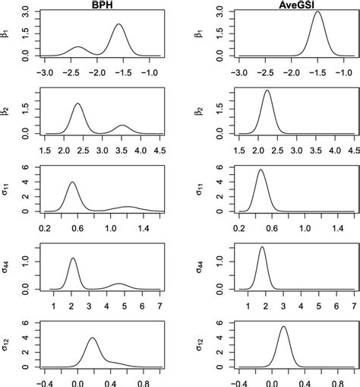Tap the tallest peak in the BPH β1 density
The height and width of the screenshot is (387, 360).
pyautogui.click(x=118, y=25)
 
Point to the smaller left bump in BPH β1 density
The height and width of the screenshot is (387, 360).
pyautogui.click(x=78, y=47)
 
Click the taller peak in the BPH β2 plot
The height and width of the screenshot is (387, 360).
pyautogui.click(x=78, y=104)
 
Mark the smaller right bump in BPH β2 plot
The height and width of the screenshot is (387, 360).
pyautogui.click(x=124, y=125)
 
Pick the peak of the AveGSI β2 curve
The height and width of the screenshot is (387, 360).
pyautogui.click(x=267, y=91)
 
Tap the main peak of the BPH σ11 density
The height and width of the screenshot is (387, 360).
pyautogui.click(x=72, y=182)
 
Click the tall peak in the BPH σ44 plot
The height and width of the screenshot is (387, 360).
pyautogui.click(x=73, y=259)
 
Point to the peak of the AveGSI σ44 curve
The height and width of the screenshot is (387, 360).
pyautogui.click(x=262, y=247)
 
